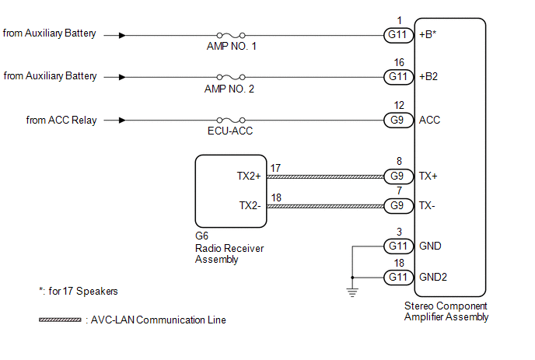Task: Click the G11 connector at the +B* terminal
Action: pos(398,35)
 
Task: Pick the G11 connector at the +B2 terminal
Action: pos(398,77)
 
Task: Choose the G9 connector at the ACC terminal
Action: pos(398,120)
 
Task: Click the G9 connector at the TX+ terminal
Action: pos(398,177)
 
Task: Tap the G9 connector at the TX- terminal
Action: pos(398,206)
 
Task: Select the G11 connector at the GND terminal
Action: pos(398,246)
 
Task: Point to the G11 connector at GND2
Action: pos(398,277)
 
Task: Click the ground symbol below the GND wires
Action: pos(352,292)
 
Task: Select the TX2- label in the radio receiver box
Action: pos(251,206)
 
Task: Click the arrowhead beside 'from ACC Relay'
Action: pos(121,120)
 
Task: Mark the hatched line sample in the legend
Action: pos(60,320)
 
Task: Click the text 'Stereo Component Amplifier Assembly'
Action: pos(447,311)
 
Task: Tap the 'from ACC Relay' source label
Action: pos(61,120)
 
